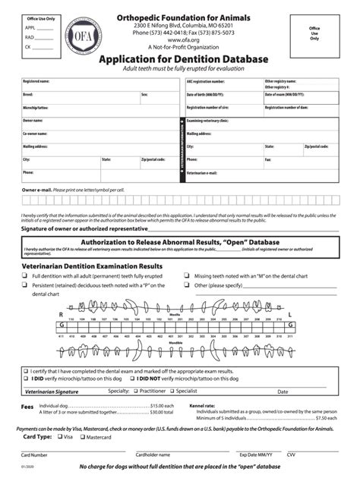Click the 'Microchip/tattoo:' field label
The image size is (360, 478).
coord(36,108)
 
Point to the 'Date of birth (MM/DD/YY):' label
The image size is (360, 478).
coord(209,95)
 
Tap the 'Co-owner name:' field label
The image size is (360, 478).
coord(36,134)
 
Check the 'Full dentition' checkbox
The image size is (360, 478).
coord(25,276)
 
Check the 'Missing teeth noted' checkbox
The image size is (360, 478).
coord(188,276)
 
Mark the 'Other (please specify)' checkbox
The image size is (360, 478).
coord(188,285)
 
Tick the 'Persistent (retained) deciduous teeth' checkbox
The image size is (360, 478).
coord(25,285)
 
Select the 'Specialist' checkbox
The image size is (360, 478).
coord(172,391)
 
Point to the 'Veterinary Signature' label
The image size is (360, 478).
coord(52,392)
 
